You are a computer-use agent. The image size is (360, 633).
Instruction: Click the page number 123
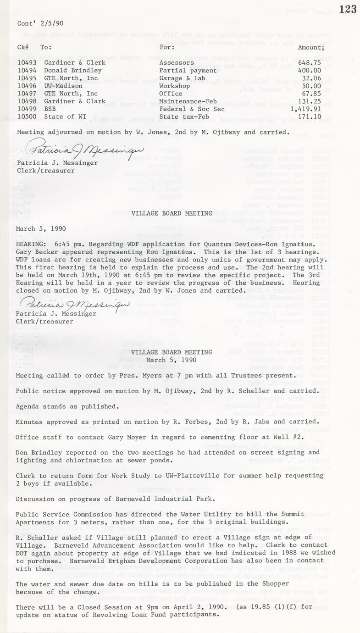click(348, 9)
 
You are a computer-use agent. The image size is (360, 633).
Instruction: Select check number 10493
click(27, 62)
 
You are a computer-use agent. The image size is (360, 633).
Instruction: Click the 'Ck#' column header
click(23, 47)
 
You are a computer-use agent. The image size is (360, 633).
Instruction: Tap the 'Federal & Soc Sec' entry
click(192, 109)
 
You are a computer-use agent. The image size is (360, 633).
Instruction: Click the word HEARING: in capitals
click(30, 244)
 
